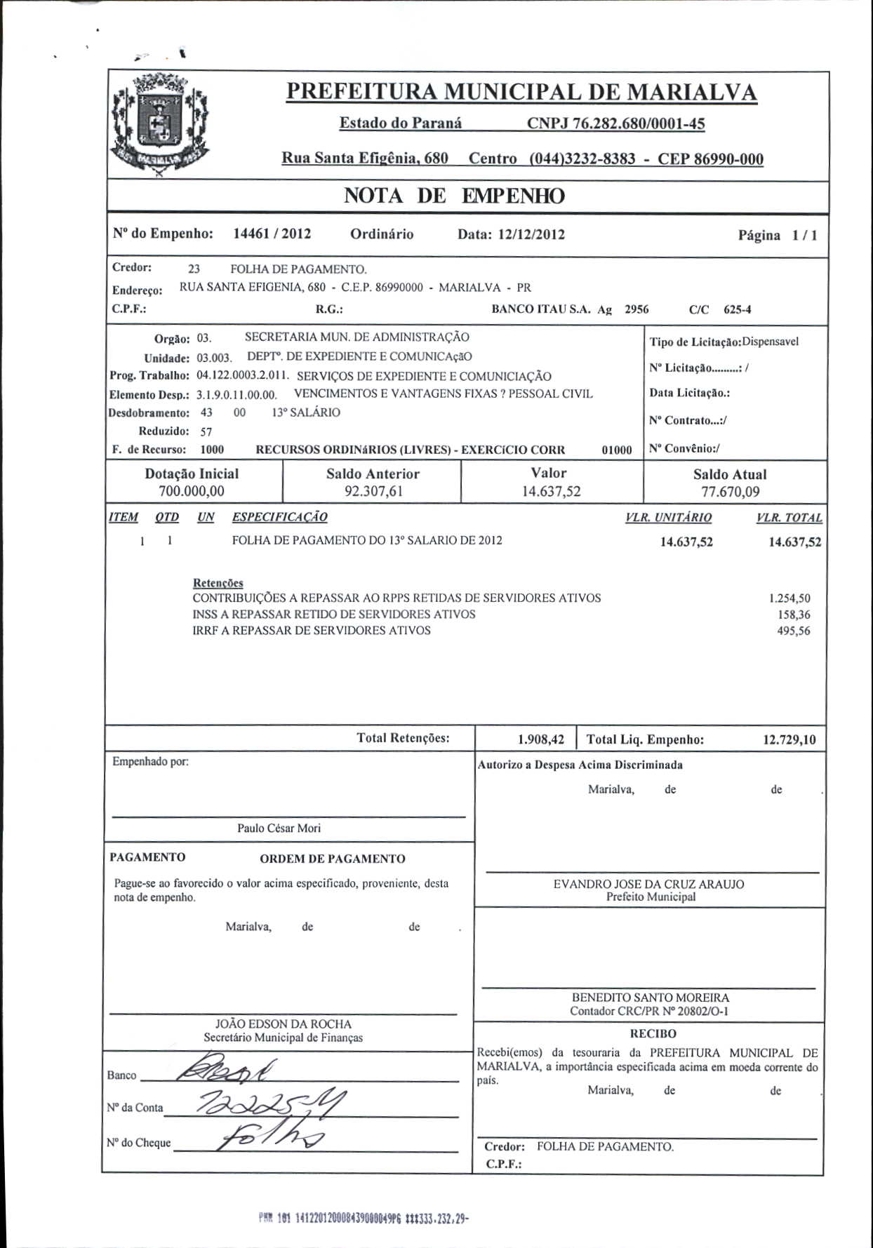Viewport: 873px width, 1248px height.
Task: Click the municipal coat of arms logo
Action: pyautogui.click(x=160, y=126)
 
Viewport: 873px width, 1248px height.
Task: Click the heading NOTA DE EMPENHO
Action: pyautogui.click(x=454, y=196)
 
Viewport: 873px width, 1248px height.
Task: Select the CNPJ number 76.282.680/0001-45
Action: pyautogui.click(x=615, y=124)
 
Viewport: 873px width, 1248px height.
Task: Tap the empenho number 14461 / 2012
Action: pyautogui.click(x=272, y=234)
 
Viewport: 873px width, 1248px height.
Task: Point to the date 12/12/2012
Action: pyautogui.click(x=531, y=234)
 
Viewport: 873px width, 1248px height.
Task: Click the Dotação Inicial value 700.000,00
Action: pyautogui.click(x=192, y=491)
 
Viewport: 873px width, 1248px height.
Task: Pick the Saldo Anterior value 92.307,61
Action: pyautogui.click(x=373, y=491)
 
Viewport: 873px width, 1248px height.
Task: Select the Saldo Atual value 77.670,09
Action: pyautogui.click(x=730, y=492)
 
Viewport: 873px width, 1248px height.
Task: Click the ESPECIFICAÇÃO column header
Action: pyautogui.click(x=279, y=517)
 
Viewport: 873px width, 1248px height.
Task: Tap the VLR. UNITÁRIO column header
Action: pyautogui.click(x=668, y=518)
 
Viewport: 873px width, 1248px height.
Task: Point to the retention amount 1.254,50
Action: pyautogui.click(x=789, y=598)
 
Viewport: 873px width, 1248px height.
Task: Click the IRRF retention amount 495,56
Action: pyautogui.click(x=793, y=631)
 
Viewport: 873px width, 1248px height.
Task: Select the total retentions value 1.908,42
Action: pyautogui.click(x=540, y=739)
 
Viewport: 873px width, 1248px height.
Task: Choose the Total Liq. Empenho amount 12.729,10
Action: pyautogui.click(x=789, y=739)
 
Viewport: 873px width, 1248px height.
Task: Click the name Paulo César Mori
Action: pyautogui.click(x=279, y=828)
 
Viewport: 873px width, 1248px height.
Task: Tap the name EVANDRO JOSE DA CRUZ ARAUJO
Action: pyautogui.click(x=648, y=884)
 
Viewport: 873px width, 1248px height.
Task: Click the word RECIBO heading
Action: pyautogui.click(x=653, y=1034)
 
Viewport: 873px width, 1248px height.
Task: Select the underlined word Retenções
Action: pyautogui.click(x=218, y=583)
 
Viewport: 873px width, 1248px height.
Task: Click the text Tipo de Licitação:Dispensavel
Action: pyautogui.click(x=724, y=342)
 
